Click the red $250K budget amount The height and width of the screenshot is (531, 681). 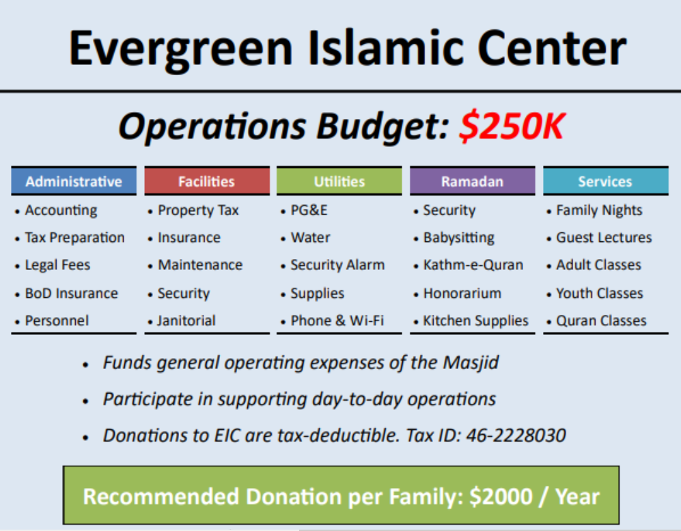(512, 126)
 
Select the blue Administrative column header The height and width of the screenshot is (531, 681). (74, 181)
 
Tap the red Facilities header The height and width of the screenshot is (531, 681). (207, 181)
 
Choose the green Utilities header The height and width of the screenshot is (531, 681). (339, 181)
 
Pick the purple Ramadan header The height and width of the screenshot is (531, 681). (473, 181)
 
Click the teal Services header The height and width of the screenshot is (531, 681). (605, 181)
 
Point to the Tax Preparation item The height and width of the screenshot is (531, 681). (74, 238)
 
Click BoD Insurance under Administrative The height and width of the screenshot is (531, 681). (71, 293)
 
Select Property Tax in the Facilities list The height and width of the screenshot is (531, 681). (198, 210)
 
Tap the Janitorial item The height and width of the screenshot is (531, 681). (186, 321)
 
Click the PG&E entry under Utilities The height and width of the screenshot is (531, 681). (309, 210)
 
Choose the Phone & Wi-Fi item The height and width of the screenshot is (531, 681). (337, 321)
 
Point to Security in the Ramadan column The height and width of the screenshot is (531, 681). (449, 210)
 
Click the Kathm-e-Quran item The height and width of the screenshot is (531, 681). (473, 265)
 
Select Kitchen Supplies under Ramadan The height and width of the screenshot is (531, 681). (475, 321)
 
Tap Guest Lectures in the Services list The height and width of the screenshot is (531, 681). (604, 238)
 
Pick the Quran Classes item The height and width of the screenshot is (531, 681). (601, 321)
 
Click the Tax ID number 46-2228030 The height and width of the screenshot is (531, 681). (516, 435)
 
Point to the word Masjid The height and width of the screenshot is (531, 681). (471, 363)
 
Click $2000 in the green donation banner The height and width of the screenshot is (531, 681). (501, 496)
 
